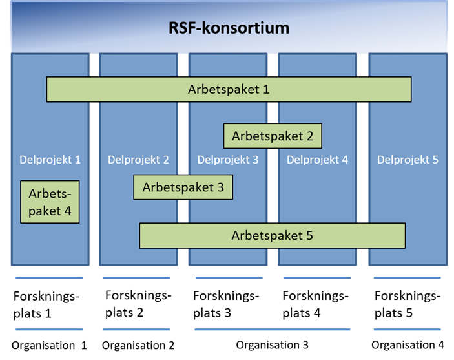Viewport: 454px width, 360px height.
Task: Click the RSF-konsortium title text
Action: tap(229, 28)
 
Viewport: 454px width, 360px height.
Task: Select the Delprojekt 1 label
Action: tap(50, 160)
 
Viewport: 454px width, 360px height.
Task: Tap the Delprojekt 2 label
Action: tap(138, 160)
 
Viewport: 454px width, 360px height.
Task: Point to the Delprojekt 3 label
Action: tap(228, 160)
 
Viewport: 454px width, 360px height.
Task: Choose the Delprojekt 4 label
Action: tap(317, 160)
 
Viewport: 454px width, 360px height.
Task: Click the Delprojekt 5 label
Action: tap(408, 160)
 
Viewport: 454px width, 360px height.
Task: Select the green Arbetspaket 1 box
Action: tap(229, 89)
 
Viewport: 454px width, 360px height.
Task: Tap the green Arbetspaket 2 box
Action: tap(273, 136)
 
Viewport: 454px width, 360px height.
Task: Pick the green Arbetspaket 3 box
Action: tap(183, 187)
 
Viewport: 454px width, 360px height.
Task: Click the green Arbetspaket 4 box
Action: tap(50, 202)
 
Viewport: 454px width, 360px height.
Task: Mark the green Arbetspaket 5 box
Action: tap(272, 235)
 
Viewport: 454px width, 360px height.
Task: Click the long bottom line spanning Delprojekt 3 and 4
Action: tap(273, 330)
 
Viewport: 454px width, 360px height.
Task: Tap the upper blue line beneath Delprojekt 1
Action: tap(50, 278)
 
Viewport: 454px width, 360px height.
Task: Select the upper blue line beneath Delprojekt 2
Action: tap(137, 278)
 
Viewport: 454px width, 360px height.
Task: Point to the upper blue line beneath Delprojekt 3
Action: tap(229, 278)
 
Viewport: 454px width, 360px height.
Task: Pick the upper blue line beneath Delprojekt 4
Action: tap(317, 278)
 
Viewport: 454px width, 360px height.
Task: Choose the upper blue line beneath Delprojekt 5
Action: tap(407, 278)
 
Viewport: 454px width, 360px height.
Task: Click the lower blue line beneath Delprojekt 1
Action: tap(50, 330)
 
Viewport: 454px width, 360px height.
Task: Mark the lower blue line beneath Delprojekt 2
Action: tap(137, 330)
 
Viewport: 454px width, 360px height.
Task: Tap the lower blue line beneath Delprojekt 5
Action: tap(407, 330)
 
